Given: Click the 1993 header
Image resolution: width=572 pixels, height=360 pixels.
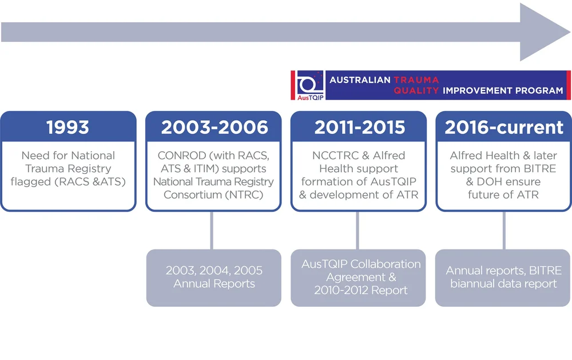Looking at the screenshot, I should coord(68,127).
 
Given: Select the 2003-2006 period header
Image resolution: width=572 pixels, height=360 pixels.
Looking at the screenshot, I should coord(214,127).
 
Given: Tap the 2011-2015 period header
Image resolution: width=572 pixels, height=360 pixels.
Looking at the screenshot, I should coord(359,127).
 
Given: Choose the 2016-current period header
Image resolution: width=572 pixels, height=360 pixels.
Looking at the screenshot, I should coord(504,127).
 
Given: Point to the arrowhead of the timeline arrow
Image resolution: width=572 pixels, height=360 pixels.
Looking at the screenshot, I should coord(543,31).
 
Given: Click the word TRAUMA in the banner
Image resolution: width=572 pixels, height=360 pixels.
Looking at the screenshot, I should coord(416,80).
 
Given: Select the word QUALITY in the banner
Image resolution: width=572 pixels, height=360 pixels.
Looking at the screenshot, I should coord(416,90).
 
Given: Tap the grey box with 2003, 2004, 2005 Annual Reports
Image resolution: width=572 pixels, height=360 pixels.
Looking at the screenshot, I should coord(214,277).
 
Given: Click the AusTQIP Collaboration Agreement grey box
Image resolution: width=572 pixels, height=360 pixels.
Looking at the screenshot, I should coord(359,277).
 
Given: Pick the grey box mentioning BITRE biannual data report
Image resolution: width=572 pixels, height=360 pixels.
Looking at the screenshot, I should coord(504,277).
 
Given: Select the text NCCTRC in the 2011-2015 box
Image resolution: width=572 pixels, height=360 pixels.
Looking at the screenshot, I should coord(330,156).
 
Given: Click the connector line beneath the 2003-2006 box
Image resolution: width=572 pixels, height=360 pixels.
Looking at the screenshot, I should coord(212,230).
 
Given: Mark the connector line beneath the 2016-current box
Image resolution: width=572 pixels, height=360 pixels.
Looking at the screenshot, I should coord(504,230).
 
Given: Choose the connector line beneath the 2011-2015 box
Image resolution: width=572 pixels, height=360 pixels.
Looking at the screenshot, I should coord(357,230).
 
